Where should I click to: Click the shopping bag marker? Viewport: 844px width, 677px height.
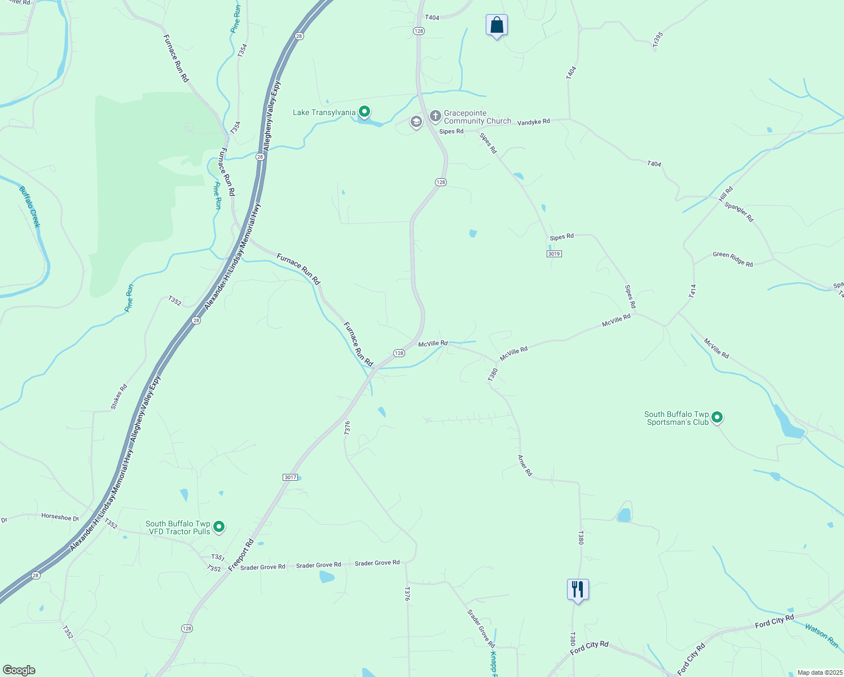[496, 25]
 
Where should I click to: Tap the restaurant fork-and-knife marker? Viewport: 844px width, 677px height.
[578, 590]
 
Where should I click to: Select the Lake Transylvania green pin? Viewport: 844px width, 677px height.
[364, 112]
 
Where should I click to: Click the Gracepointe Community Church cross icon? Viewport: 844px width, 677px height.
[435, 116]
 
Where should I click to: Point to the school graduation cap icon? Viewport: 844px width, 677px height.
[416, 122]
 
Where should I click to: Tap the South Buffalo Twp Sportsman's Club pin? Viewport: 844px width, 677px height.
[717, 417]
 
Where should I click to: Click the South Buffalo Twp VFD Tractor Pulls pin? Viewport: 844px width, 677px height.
[219, 527]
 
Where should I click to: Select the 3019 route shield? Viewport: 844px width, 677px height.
[554, 254]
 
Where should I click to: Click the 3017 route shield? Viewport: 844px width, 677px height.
[290, 477]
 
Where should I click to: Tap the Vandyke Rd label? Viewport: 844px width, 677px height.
[533, 122]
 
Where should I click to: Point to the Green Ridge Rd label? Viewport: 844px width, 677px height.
[732, 260]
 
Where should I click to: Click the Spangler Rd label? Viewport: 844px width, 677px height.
[738, 212]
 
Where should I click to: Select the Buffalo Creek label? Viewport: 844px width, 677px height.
[30, 206]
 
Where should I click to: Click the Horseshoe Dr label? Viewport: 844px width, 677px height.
[60, 516]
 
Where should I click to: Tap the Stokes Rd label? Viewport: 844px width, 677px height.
[119, 397]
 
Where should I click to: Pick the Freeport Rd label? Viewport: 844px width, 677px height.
[241, 555]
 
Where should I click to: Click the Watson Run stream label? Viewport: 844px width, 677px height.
[821, 635]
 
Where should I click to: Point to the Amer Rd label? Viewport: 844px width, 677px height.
[525, 465]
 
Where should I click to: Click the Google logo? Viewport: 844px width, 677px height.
[19, 670]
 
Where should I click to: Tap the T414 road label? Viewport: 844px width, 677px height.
[692, 291]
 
